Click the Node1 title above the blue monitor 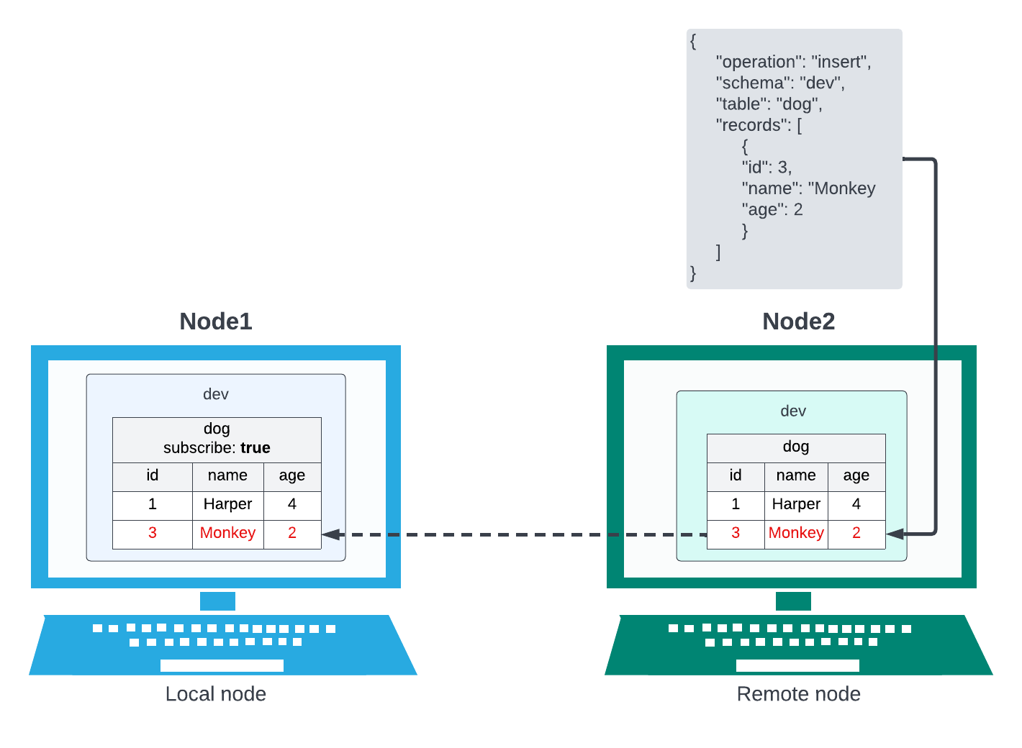216,321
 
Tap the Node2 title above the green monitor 798,321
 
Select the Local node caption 216,694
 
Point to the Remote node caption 798,694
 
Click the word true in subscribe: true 256,448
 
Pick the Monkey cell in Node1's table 227,533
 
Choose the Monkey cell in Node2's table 796,533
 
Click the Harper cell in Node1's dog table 227,504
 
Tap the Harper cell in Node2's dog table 796,504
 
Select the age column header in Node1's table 291,475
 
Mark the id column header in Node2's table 735,475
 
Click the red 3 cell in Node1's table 153,533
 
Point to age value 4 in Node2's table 856,504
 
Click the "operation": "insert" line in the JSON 793,62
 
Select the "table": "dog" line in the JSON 769,104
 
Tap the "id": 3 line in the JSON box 766,168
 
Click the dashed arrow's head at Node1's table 330,534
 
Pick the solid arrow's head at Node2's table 895,534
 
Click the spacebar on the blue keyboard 222,665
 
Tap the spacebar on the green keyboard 797,665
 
